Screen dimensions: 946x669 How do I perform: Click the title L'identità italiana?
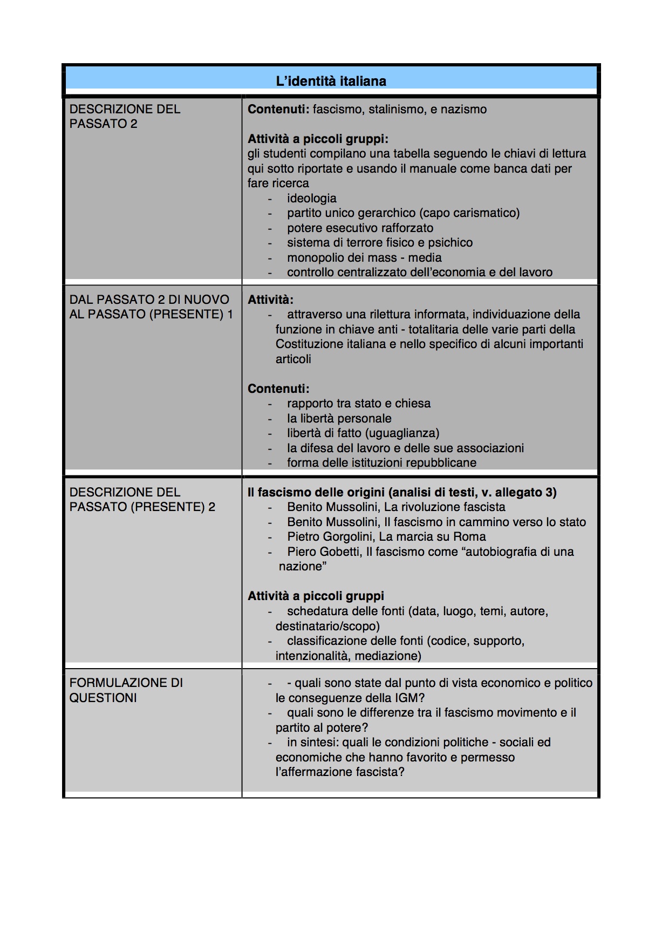point(331,81)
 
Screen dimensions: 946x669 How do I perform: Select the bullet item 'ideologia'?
point(311,198)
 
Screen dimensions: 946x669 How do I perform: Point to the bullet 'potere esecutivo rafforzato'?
point(360,228)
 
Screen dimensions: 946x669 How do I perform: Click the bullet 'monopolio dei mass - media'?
point(364,257)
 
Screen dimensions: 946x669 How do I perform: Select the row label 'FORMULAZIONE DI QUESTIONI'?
point(126,690)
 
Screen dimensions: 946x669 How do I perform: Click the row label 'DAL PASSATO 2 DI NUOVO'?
point(149,300)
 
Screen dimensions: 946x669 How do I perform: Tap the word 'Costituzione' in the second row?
point(308,344)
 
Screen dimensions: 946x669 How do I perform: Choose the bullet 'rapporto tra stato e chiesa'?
point(359,404)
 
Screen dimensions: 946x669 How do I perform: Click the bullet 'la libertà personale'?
point(339,418)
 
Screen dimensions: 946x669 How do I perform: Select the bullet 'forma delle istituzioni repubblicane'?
point(381,463)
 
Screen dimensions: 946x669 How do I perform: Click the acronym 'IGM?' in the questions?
point(409,698)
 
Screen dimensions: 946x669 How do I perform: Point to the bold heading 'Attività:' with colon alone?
point(270,300)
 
